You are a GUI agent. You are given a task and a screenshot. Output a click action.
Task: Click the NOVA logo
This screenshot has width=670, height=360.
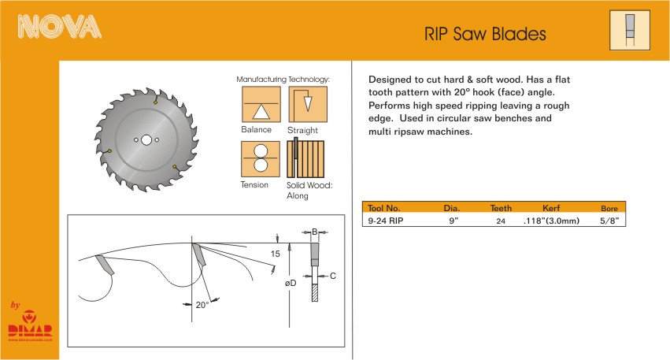tap(59, 27)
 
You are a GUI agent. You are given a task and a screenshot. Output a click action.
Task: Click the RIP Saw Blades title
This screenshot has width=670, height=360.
tap(485, 34)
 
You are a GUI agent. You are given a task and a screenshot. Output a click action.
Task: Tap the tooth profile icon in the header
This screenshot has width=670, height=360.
tap(629, 31)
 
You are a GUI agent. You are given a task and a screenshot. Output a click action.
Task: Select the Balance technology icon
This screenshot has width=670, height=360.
tap(261, 104)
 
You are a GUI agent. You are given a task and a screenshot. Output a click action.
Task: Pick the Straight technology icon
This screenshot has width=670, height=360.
tap(308, 104)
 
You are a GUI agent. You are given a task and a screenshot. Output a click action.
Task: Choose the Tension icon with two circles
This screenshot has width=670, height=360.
tap(261, 159)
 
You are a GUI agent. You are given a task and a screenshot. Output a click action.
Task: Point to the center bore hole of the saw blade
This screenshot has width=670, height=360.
tap(146, 139)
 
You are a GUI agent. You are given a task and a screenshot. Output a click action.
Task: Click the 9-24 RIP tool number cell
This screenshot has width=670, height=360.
tap(386, 221)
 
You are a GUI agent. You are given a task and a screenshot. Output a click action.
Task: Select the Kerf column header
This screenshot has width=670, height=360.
tap(551, 208)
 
